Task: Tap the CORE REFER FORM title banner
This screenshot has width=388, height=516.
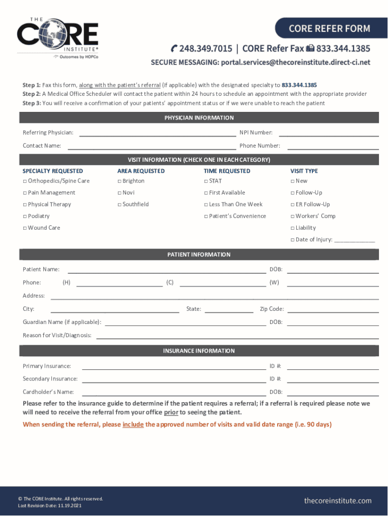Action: (x=329, y=28)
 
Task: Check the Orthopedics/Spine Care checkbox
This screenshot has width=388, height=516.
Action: (x=25, y=181)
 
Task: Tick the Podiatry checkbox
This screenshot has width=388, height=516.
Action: (x=25, y=216)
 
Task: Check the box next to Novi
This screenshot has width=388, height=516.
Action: (x=119, y=193)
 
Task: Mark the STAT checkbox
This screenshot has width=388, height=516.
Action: (x=206, y=181)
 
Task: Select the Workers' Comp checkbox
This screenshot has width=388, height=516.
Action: (x=292, y=216)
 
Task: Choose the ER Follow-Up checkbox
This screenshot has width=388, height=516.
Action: (x=292, y=205)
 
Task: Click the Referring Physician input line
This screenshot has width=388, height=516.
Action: (x=157, y=133)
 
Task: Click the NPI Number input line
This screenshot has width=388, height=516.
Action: (x=329, y=133)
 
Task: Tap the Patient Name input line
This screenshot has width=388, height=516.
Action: (x=166, y=270)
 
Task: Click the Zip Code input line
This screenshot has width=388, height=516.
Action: (x=333, y=309)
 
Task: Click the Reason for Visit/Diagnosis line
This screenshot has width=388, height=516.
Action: (x=237, y=336)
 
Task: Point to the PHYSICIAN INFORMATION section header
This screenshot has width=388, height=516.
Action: (x=199, y=118)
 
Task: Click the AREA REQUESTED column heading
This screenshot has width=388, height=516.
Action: (x=141, y=171)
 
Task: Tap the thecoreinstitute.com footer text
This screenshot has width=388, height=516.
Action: (x=338, y=500)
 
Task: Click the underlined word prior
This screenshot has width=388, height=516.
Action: (x=171, y=412)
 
